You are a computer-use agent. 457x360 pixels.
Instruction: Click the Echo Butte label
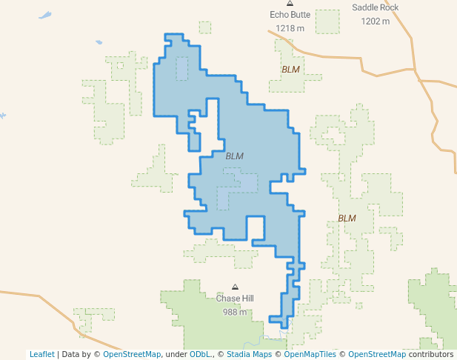click(x=290, y=15)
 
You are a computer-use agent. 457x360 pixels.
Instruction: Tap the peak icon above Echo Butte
click(x=290, y=4)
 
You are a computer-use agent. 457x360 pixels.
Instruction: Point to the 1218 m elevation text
click(x=290, y=28)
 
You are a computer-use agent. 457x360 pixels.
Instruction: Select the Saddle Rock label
click(x=375, y=7)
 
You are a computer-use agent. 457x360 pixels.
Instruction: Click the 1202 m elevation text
click(x=375, y=21)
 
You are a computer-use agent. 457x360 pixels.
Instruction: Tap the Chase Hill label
click(x=235, y=299)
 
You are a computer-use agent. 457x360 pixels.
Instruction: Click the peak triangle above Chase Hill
click(x=236, y=287)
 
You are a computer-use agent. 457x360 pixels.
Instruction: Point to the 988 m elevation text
click(x=235, y=312)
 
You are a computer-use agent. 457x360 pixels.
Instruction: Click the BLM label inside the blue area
click(x=234, y=156)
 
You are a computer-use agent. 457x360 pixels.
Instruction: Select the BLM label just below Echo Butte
click(x=291, y=70)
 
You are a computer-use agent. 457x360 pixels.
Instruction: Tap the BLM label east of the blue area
click(x=347, y=219)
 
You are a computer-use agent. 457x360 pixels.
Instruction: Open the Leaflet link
click(x=41, y=354)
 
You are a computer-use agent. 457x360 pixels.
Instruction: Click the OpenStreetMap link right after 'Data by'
click(x=132, y=354)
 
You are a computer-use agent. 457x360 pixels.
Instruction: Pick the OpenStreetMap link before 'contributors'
click(x=377, y=354)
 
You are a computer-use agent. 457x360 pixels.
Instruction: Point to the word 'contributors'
click(x=431, y=354)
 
